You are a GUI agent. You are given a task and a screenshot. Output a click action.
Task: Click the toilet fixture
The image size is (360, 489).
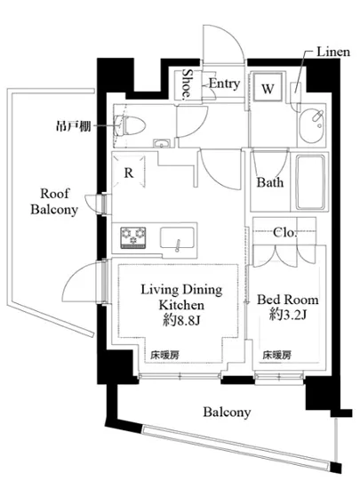[131, 125]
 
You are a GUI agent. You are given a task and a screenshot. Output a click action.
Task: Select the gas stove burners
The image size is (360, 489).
[133, 238]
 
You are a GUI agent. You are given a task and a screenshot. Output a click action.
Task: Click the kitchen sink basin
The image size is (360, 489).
[177, 238]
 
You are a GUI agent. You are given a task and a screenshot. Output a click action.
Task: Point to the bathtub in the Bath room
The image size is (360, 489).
[310, 182]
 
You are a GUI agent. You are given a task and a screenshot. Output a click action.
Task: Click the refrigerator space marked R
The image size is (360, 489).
[128, 172]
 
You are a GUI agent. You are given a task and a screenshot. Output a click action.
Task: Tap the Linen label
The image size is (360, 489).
[333, 52]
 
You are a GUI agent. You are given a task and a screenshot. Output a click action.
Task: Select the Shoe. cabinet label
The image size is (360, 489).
[187, 84]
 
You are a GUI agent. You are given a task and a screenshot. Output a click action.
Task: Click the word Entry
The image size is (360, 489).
[224, 84]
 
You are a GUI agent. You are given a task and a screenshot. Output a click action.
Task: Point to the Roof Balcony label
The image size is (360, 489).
[54, 202]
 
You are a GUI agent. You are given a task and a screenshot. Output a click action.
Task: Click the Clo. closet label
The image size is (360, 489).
[284, 232]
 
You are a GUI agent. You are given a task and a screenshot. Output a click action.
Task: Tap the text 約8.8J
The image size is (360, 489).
[181, 320]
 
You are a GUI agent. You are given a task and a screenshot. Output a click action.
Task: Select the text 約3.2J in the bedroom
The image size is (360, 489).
[288, 315]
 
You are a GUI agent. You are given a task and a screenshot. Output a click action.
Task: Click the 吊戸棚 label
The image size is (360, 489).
[74, 126]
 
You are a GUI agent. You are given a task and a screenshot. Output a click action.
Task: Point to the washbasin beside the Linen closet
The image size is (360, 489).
[312, 125]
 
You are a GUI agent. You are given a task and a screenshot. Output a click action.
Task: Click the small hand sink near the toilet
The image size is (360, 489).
[162, 143]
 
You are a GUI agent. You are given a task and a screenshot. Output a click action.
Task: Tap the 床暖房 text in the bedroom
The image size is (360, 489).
[277, 355]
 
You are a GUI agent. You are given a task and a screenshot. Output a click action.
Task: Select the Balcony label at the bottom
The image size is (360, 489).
[227, 413]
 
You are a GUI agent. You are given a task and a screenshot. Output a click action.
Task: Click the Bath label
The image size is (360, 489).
[270, 182]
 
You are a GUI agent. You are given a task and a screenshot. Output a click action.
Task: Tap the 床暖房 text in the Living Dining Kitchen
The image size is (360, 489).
[164, 355]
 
